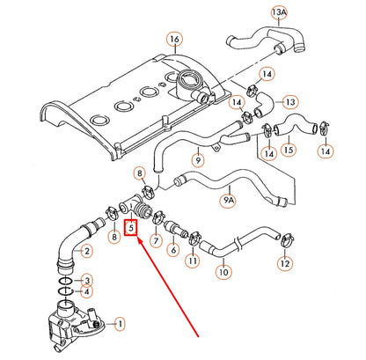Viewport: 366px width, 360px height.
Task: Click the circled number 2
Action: click(x=85, y=251)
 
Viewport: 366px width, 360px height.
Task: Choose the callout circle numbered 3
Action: click(x=85, y=280)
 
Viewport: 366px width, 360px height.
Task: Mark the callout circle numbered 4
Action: click(x=85, y=292)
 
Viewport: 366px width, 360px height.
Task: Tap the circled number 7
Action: click(x=155, y=240)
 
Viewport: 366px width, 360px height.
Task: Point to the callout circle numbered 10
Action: click(x=223, y=273)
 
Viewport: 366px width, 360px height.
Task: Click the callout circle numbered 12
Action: click(x=284, y=262)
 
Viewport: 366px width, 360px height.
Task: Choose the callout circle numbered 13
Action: click(x=291, y=102)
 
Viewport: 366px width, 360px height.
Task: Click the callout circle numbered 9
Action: click(x=197, y=161)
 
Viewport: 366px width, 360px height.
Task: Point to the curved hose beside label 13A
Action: click(x=264, y=39)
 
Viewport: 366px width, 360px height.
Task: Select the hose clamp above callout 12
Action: click(x=284, y=237)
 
